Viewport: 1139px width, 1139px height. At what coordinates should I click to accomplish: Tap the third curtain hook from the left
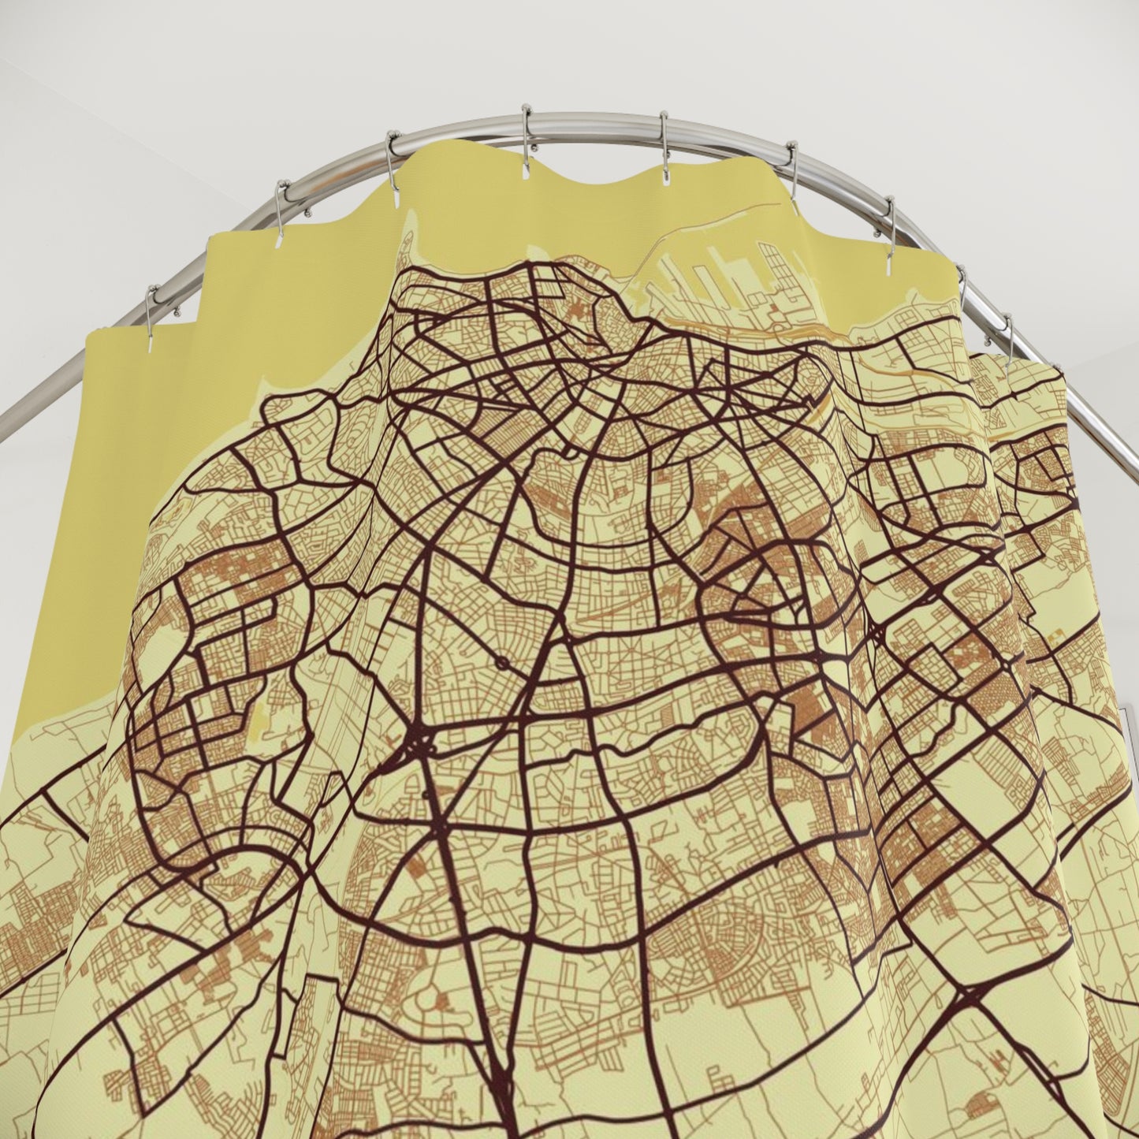(x=392, y=162)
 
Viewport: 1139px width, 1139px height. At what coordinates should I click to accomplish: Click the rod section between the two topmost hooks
(x=595, y=120)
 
